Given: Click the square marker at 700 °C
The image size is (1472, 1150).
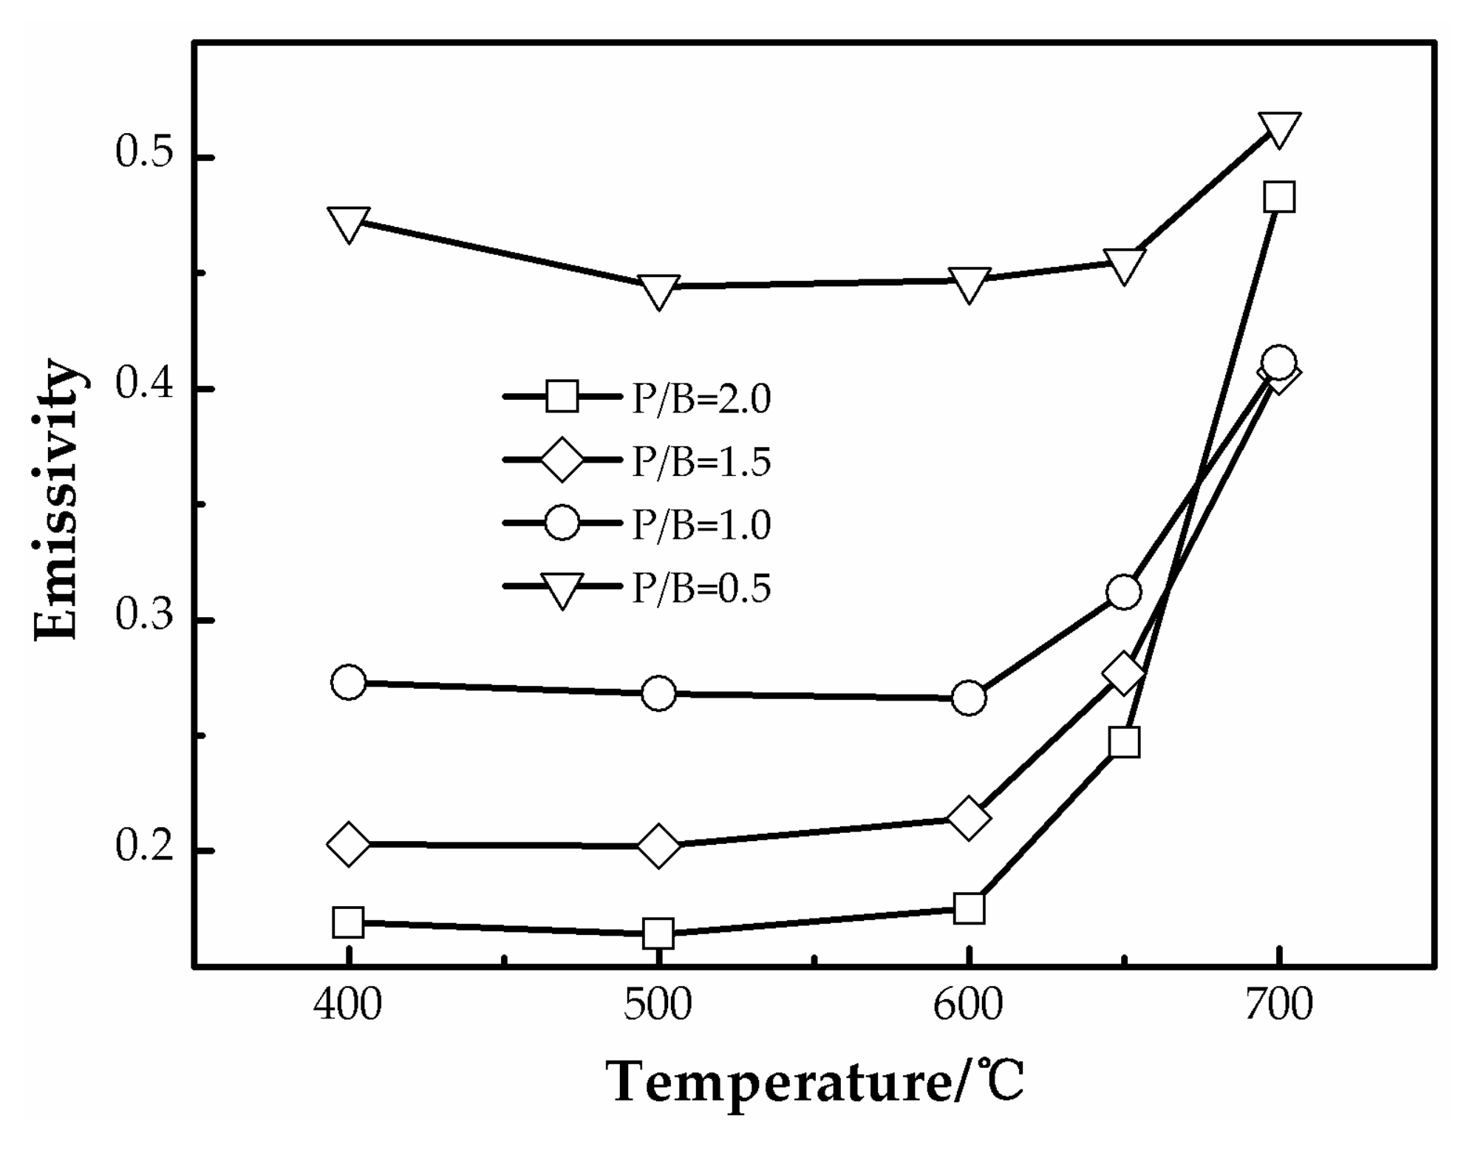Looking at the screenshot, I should [1278, 197].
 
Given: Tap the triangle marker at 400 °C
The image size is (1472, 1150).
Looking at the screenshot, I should [348, 223].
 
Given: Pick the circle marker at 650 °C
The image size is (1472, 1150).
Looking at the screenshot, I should [1123, 592].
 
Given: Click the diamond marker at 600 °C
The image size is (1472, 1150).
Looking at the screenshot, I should [968, 817].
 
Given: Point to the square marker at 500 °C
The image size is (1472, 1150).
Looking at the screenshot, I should [658, 933].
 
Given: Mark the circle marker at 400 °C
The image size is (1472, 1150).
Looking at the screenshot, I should [348, 681].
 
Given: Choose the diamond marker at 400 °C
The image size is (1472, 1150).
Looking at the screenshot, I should [348, 843].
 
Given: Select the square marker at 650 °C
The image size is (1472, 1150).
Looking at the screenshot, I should [1123, 742].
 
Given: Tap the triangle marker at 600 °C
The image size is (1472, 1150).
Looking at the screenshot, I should [968, 285].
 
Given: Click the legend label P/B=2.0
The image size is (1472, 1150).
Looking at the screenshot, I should [701, 399].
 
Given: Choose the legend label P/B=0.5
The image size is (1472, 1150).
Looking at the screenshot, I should [701, 589].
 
